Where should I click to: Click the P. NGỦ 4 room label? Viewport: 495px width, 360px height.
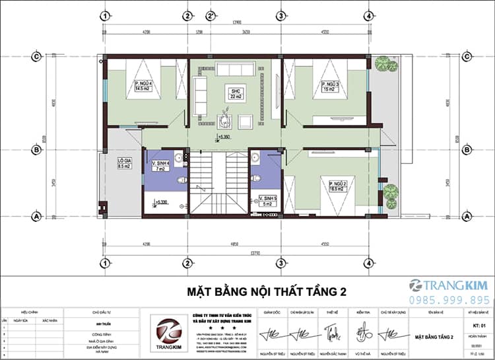(x=144, y=85)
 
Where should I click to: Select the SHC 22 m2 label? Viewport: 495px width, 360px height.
(x=234, y=92)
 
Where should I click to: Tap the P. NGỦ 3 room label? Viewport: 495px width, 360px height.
(x=329, y=86)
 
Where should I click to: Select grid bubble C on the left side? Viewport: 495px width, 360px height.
(x=37, y=56)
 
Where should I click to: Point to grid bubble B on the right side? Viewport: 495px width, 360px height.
(x=467, y=150)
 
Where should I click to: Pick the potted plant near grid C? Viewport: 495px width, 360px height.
(x=382, y=64)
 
